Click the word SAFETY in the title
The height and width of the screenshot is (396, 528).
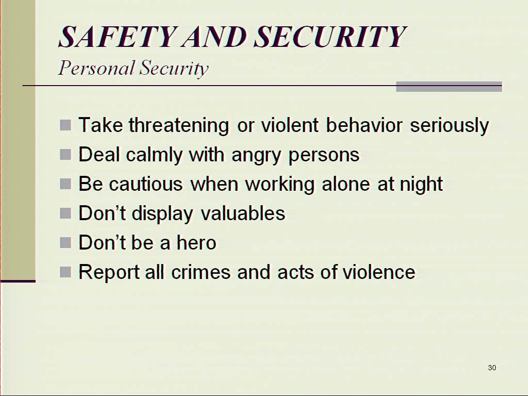point(118,37)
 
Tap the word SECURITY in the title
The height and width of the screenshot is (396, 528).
point(330,37)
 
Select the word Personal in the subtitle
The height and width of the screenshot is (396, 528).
point(96,69)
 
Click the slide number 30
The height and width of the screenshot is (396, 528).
point(492,368)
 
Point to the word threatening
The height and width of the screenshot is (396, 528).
point(179,125)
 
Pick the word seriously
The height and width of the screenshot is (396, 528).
point(449,126)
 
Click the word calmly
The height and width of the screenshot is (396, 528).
point(154,155)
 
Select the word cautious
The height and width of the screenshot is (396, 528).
point(146,184)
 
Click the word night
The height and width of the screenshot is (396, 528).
point(421,184)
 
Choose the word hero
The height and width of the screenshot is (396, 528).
point(196,242)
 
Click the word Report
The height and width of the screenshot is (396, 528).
point(109,272)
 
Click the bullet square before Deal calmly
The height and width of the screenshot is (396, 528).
point(65,155)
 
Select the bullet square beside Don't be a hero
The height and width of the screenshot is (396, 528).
point(65,242)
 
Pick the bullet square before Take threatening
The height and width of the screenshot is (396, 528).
point(65,125)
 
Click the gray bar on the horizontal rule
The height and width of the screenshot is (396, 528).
point(449,87)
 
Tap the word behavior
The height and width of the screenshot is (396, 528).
point(364,125)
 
